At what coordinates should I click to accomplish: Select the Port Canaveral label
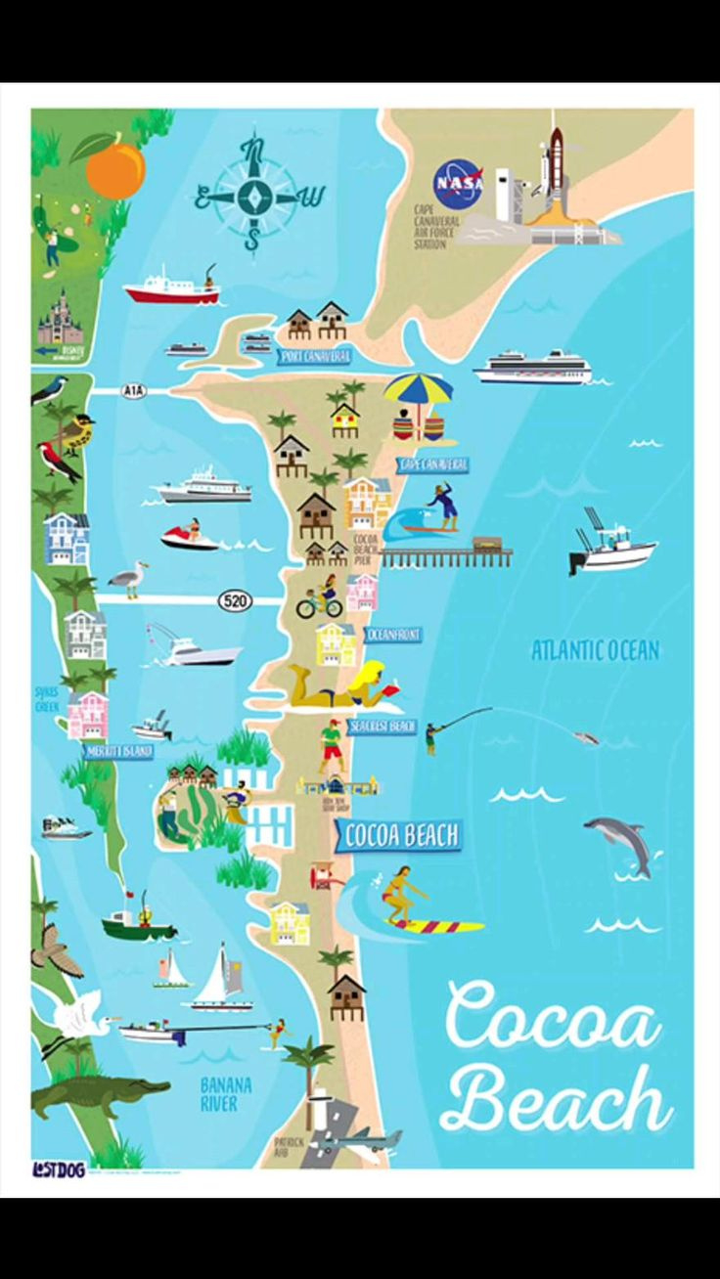314,357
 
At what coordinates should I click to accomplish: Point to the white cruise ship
533,367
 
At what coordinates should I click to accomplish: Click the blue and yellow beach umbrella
419,391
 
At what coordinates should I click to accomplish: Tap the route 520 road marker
234,600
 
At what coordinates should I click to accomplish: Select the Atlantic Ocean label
595,650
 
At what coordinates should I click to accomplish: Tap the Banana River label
225,1094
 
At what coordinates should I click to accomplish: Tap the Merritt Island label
117,751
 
